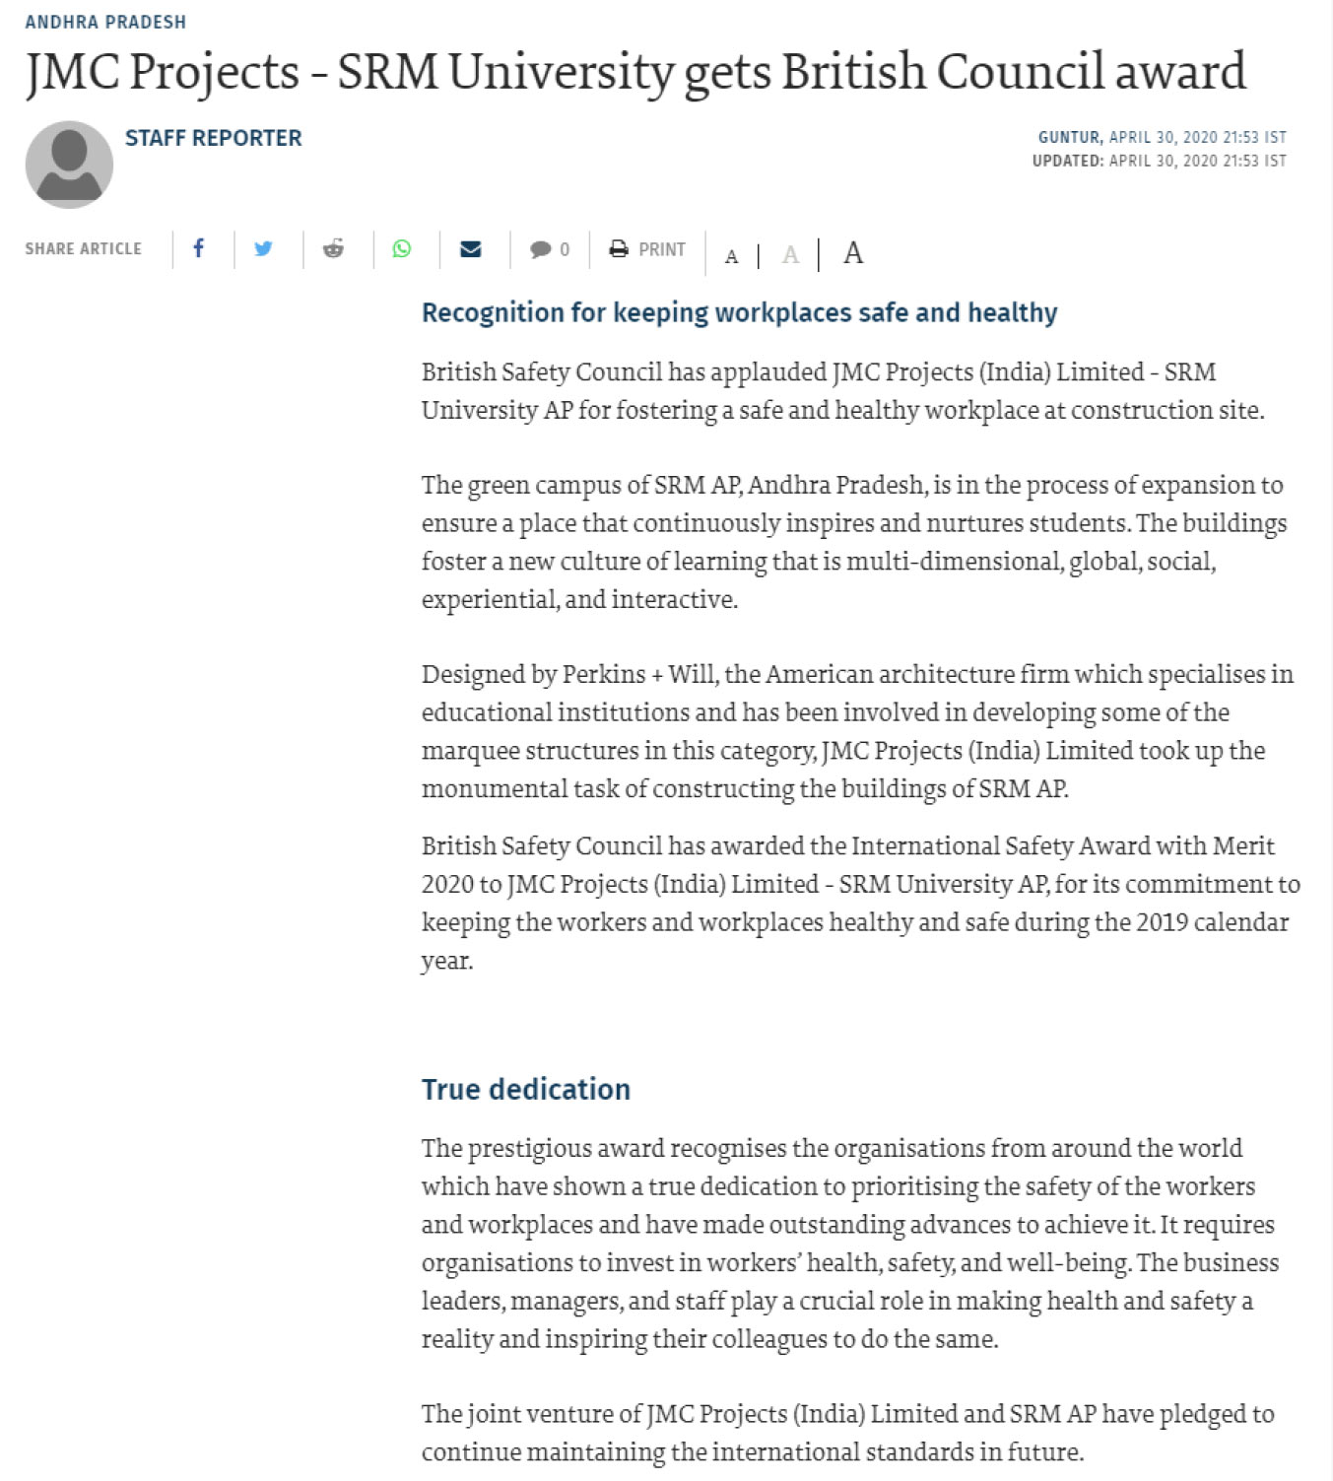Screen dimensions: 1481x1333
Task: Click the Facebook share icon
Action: coord(198,248)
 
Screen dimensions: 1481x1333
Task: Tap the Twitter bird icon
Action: coord(263,248)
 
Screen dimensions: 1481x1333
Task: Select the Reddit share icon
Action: coord(333,248)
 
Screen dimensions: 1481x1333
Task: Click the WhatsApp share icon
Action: coord(402,248)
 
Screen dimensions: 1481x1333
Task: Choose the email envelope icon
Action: coord(471,248)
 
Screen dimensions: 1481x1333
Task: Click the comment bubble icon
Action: coord(540,249)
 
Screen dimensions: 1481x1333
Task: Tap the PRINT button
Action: coord(647,249)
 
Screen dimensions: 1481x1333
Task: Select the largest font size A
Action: coord(853,253)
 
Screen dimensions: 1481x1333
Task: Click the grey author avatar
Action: coord(69,165)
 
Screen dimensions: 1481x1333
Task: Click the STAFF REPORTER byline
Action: coord(213,138)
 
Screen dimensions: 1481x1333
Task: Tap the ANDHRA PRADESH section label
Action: coord(105,22)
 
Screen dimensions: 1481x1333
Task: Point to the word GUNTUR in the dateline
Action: coord(1069,138)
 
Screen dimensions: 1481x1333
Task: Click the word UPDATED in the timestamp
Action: coord(1067,161)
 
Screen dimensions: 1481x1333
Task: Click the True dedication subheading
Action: coord(525,1089)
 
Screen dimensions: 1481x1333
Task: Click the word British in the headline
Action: coord(853,71)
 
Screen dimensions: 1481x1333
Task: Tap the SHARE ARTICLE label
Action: coord(84,249)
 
